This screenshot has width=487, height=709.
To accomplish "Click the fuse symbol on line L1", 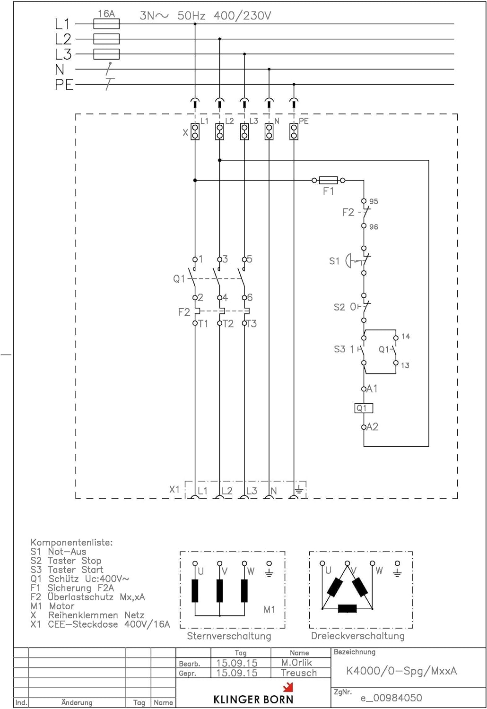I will point(106,24).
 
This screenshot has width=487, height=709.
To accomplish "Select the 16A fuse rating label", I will point(106,14).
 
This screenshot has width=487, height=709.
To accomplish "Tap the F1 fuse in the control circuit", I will point(329,180).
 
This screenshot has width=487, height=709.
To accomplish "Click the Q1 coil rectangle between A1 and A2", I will point(364,408).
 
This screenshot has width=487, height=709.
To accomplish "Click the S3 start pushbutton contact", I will point(363,350).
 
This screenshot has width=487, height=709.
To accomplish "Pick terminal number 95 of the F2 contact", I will point(374,201).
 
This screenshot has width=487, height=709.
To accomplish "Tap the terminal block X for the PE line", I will point(294,131).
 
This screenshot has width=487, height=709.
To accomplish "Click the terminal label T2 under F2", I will point(228,324).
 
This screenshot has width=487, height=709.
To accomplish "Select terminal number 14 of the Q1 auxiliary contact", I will point(405,337).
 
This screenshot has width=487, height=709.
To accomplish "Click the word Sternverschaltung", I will point(229,636).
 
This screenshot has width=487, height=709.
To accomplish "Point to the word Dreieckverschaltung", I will point(357,636).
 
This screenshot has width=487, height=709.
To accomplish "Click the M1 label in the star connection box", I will point(269,610).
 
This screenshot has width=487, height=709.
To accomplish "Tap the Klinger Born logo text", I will point(253,699).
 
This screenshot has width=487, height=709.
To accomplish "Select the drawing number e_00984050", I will point(391,698).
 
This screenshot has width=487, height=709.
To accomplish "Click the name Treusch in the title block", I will point(298,673).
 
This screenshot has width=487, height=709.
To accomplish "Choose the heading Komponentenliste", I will point(71,542).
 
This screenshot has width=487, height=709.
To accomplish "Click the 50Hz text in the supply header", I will point(191,16).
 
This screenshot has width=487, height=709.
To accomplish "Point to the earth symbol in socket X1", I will point(298,490).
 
